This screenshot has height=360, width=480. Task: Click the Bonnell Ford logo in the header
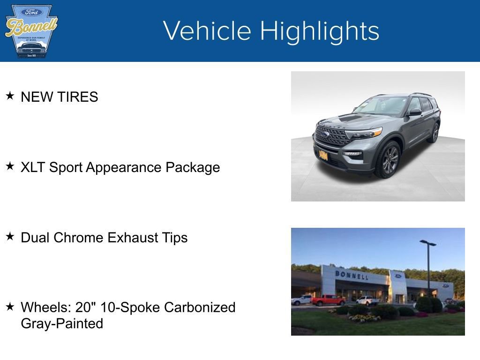[31, 31]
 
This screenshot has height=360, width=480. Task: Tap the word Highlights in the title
[320, 31]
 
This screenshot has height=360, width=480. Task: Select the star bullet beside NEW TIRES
[10, 96]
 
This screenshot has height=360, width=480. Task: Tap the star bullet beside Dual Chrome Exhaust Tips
[10, 237]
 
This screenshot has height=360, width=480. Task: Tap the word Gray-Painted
[62, 323]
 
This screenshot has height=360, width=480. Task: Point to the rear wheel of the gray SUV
[434, 133]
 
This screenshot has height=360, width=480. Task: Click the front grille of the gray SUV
[332, 135]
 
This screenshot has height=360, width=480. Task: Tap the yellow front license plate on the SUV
[323, 154]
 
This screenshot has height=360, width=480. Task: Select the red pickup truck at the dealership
[328, 300]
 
